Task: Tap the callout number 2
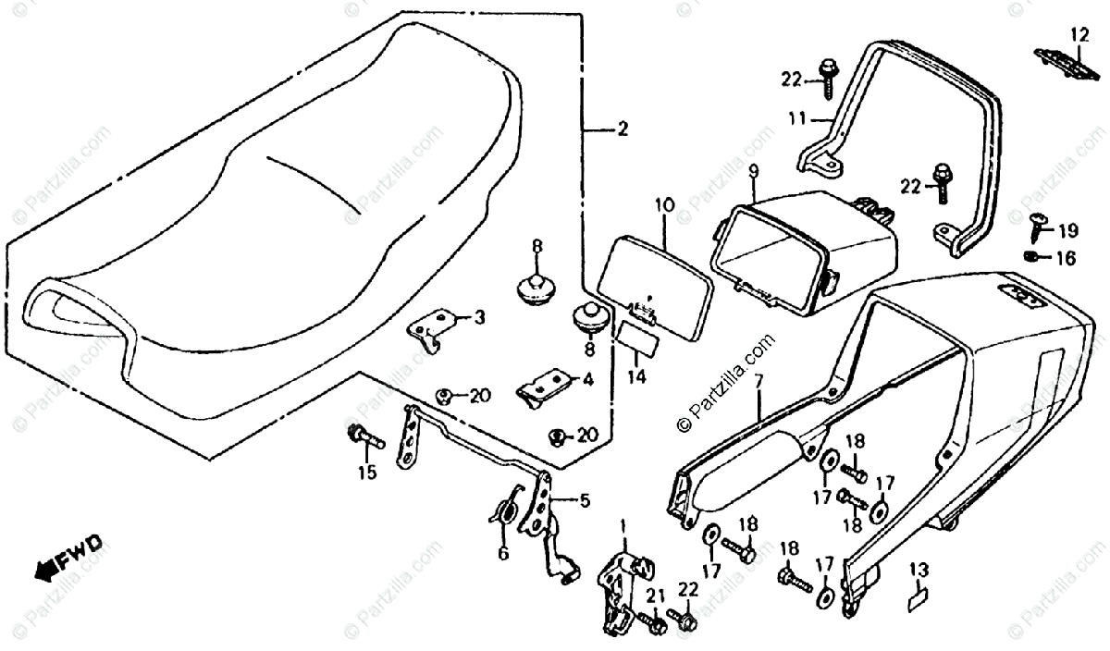coord(622,129)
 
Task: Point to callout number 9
coord(753,171)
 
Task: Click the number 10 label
coord(662,204)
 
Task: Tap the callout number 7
coord(758,380)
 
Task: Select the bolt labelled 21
coord(656,626)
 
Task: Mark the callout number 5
coord(584,502)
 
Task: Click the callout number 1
coord(623,526)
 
